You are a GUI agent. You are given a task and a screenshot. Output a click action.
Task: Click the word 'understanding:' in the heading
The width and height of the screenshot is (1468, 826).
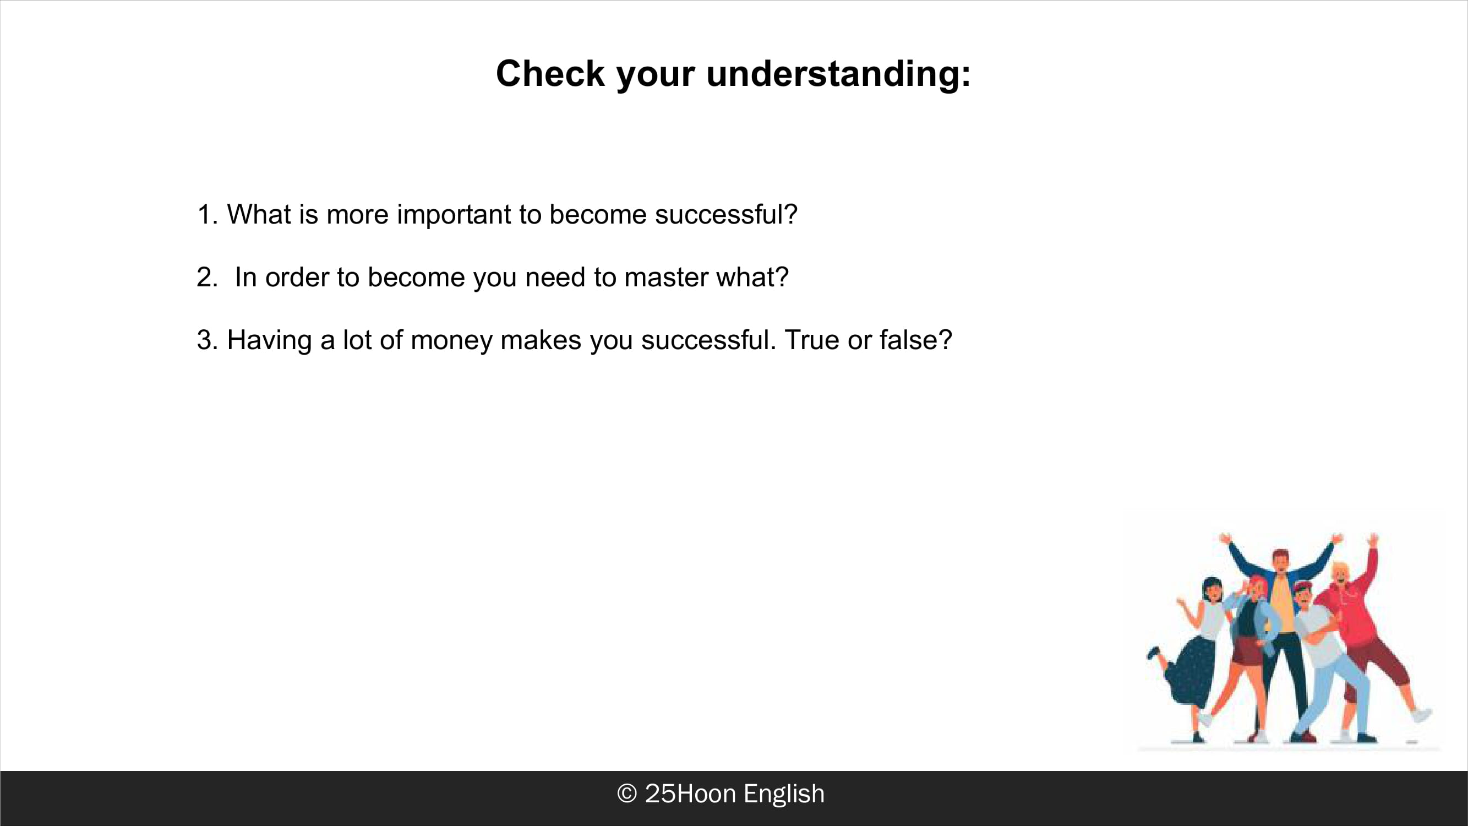pyautogui.click(x=838, y=75)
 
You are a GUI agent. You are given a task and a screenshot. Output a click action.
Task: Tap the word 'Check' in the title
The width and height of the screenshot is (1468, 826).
pyautogui.click(x=550, y=74)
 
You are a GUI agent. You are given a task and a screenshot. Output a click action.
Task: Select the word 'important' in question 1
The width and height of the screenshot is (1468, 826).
pyautogui.click(x=454, y=215)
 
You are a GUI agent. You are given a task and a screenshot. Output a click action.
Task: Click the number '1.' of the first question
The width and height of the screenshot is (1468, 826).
pyautogui.click(x=208, y=215)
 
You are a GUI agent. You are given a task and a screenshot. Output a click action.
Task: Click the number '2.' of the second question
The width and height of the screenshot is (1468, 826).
pyautogui.click(x=208, y=278)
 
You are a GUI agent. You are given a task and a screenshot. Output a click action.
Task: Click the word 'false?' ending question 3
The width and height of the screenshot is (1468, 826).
pyautogui.click(x=916, y=340)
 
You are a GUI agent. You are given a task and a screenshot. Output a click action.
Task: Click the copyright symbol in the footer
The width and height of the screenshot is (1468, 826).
pyautogui.click(x=627, y=794)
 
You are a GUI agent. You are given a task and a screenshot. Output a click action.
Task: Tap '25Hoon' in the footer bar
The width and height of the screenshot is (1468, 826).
pyautogui.click(x=690, y=794)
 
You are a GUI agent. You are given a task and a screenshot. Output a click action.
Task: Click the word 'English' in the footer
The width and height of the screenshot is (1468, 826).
pyautogui.click(x=784, y=794)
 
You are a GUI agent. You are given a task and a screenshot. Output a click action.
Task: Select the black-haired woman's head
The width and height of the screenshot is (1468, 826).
pyautogui.click(x=1211, y=590)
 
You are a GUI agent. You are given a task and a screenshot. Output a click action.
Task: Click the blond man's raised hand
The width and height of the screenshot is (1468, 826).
pyautogui.click(x=1373, y=539)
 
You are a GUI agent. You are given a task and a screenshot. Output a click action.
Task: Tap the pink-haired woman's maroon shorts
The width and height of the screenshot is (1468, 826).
pyautogui.click(x=1247, y=652)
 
